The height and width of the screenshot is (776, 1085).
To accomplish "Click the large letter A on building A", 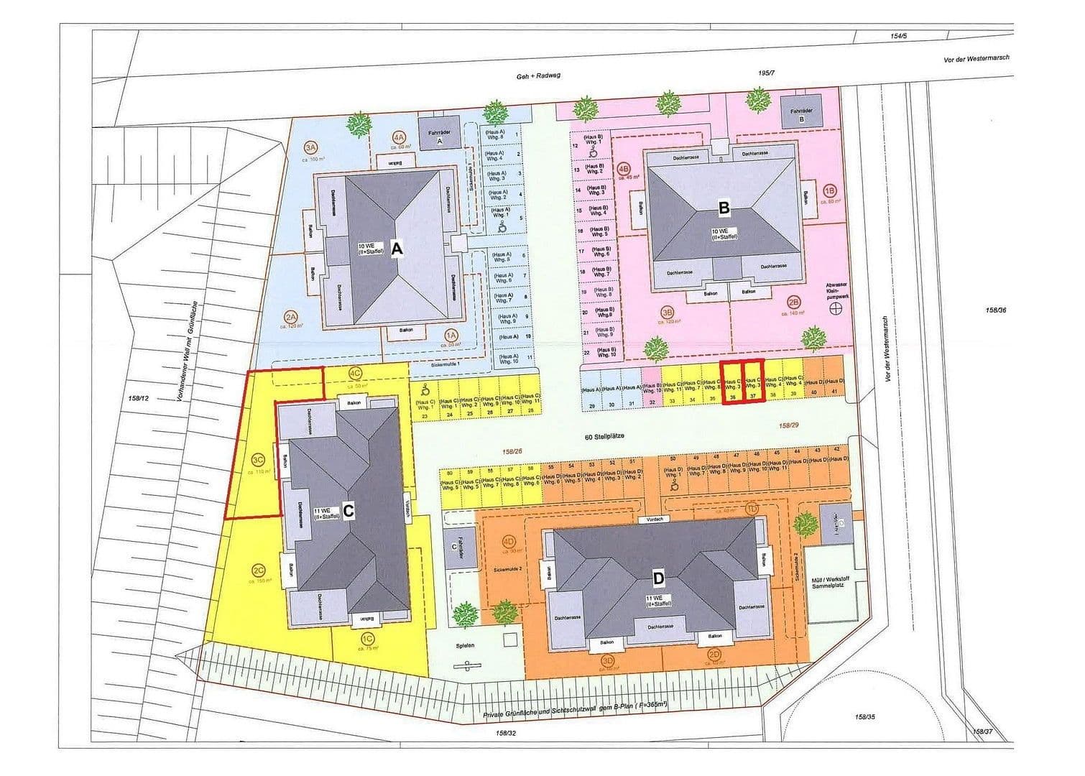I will pos(397,249).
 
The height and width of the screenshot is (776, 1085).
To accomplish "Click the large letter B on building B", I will pos(724,208).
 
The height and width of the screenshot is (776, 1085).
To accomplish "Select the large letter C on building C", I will pos(348,510).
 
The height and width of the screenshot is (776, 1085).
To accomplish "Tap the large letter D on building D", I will pos(658,577).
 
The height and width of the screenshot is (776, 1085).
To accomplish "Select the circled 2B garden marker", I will pos(794,302).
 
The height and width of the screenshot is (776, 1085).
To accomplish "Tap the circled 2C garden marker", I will pos(259,572).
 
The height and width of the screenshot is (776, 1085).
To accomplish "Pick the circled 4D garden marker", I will pos(509,542).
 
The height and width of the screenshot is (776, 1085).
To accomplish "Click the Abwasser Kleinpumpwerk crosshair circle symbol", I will pos(836,309).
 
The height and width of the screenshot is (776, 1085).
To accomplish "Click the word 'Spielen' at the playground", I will pos(466,645).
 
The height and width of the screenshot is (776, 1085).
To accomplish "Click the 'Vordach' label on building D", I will pos(653,519).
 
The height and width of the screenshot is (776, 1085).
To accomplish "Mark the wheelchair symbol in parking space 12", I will pos(594,152).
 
